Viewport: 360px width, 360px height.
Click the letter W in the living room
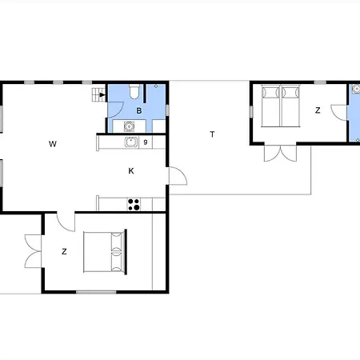(53, 144)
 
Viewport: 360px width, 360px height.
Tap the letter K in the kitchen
(131, 171)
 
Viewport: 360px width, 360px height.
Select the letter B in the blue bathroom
(139, 110)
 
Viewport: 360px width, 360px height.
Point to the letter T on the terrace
(212, 134)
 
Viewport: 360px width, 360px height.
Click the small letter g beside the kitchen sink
(146, 142)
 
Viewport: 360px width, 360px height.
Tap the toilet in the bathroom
(134, 91)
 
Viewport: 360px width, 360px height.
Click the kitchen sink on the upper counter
(131, 142)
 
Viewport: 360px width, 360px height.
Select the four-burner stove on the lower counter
(134, 205)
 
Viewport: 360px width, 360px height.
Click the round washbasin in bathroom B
(129, 126)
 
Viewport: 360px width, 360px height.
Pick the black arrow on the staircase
(102, 94)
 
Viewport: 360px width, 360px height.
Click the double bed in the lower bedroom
(105, 252)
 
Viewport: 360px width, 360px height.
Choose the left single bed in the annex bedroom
(270, 106)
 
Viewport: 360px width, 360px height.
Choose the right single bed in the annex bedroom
(290, 106)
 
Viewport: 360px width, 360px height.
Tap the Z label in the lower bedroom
(64, 251)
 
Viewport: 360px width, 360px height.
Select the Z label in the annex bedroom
(318, 110)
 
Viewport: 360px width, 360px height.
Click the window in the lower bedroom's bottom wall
(96, 292)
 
